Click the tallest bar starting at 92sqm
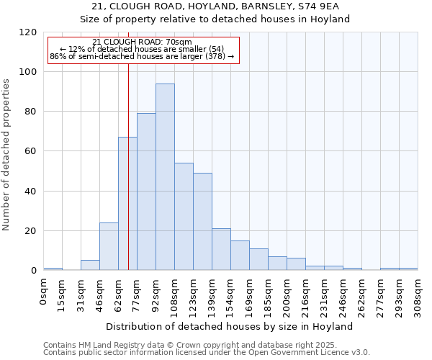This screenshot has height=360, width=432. (165, 177)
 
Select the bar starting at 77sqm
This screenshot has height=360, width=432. (146, 192)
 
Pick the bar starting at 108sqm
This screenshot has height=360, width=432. (184, 217)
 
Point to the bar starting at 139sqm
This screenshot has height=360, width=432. (221, 249)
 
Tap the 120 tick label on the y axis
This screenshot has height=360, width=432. (28, 32)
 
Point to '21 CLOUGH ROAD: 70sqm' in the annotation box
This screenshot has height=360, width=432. (143, 42)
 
